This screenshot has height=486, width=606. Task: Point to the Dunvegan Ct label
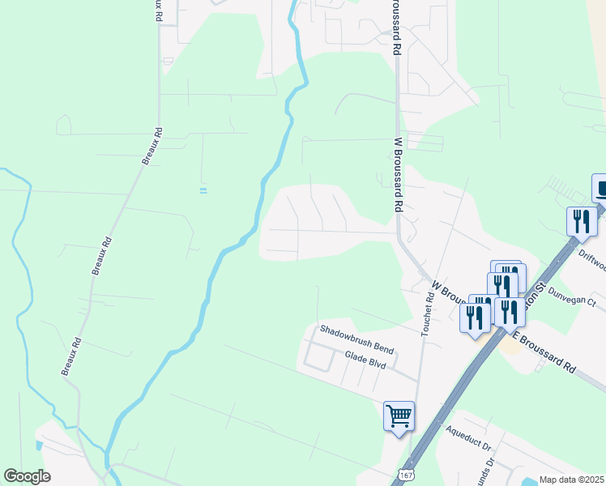point(572,296)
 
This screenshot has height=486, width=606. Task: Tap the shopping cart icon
point(399,416)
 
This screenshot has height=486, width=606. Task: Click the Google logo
point(27,476)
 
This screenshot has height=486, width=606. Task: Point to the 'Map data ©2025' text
point(570,480)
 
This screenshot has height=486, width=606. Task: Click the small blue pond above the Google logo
point(39,445)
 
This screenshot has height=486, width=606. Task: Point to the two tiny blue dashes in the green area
point(203,190)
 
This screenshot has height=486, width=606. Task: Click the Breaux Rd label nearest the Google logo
point(72,356)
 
